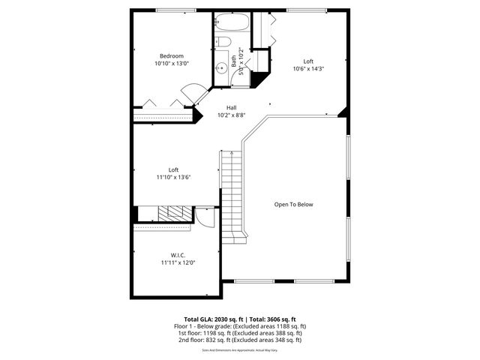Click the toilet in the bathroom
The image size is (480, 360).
click(223, 42)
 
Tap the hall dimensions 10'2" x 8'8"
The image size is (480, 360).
click(231, 115)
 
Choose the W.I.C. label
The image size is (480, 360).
click(177, 255)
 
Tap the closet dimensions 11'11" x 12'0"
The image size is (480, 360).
click(177, 263)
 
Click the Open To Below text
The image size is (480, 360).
click(293, 204)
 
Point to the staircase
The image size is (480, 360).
click(232, 191)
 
